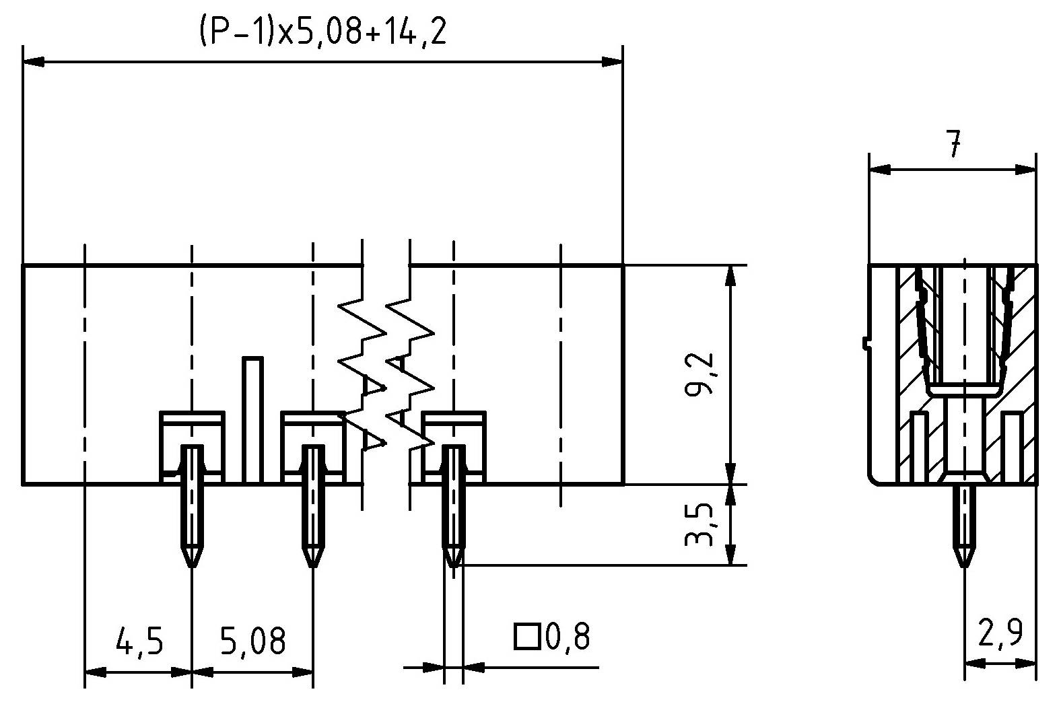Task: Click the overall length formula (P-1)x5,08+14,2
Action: coord(323,32)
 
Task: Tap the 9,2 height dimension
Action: coord(698,374)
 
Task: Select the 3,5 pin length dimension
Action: coord(698,524)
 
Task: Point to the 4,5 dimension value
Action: coord(139,641)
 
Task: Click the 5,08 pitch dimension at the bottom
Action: coord(253,641)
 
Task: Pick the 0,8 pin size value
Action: coord(568,636)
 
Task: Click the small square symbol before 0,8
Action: coord(527,636)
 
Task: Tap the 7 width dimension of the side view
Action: coord(953,144)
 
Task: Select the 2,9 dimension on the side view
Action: coord(1000,632)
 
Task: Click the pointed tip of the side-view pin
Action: coord(965,566)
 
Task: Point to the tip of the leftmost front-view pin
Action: coord(191,566)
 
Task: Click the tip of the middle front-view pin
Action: coord(312,566)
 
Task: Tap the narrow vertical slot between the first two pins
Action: coord(252,420)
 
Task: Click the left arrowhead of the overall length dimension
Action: coord(34,62)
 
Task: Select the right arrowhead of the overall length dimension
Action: coord(612,62)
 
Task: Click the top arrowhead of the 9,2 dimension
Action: coord(730,276)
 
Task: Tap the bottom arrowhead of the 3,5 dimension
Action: coord(730,555)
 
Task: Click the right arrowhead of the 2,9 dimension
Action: coord(1025,664)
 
